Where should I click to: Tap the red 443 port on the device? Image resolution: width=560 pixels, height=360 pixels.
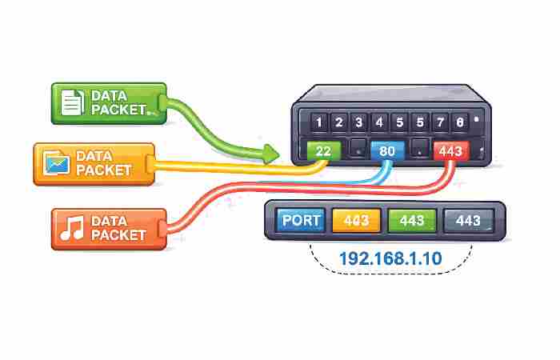(x=450, y=150)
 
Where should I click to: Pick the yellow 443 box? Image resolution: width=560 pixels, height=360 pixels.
(x=356, y=220)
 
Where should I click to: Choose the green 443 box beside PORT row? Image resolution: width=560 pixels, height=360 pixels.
(x=412, y=220)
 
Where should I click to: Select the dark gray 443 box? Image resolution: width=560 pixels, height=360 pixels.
(x=468, y=220)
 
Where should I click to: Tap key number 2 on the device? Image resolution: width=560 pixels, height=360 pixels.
(x=338, y=122)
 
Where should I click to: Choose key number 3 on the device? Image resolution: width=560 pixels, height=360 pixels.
(x=359, y=122)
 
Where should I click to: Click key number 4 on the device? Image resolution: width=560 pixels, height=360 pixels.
(x=379, y=122)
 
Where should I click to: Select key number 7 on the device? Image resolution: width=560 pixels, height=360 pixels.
(x=440, y=122)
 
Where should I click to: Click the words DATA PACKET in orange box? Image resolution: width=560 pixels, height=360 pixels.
(x=118, y=227)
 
